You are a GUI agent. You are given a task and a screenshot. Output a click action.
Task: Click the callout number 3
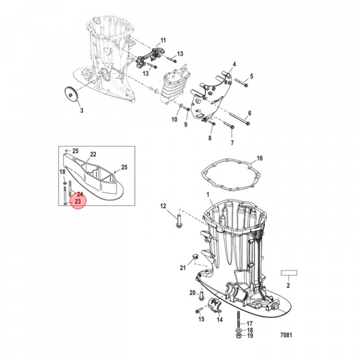coord(81,110)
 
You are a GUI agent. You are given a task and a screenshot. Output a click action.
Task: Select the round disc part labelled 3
coord(70,94)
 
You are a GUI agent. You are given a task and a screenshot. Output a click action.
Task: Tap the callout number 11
coord(163,40)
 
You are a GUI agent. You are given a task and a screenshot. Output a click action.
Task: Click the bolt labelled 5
coord(241,83)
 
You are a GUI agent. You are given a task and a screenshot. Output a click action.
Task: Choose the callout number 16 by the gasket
coord(259,158)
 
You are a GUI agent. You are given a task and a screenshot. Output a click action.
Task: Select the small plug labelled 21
coord(195,256)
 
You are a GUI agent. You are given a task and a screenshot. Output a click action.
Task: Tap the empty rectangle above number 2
coord(289,273)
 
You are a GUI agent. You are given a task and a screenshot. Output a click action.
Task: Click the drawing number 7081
coord(286,335)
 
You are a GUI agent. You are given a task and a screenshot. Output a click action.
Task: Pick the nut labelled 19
coord(238,336)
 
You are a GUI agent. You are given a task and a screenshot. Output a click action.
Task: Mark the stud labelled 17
coord(238,319)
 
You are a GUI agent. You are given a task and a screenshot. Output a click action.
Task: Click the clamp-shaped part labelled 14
coord(215,305)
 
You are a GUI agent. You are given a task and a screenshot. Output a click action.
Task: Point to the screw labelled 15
coord(198,310)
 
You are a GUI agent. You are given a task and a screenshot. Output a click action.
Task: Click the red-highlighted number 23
coord(78,201)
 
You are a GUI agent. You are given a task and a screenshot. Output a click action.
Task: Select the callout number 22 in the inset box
coord(93,154)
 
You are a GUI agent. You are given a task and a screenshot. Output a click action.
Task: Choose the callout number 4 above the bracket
coord(234,64)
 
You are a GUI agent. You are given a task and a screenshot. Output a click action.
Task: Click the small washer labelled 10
coord(181,105)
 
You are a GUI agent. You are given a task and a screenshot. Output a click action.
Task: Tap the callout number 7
coord(232,142)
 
